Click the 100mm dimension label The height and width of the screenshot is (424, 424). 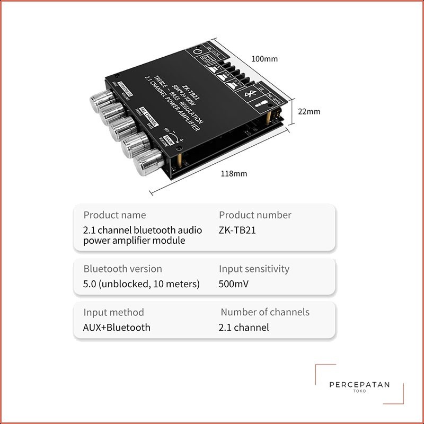(264, 59)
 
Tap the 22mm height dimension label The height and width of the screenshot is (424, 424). (308, 111)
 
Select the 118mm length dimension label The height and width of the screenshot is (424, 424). (234, 173)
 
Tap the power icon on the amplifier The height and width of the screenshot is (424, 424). (197, 53)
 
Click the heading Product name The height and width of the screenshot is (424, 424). (114, 215)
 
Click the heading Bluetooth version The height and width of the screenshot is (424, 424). (122, 269)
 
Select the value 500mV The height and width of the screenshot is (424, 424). (233, 284)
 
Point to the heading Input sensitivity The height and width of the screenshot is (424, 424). (254, 269)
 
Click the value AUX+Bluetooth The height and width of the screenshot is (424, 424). (117, 328)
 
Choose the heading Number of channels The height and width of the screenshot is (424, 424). (265, 312)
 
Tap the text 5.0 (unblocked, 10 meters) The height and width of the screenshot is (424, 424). (142, 284)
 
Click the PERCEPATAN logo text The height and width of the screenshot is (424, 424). (359, 385)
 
